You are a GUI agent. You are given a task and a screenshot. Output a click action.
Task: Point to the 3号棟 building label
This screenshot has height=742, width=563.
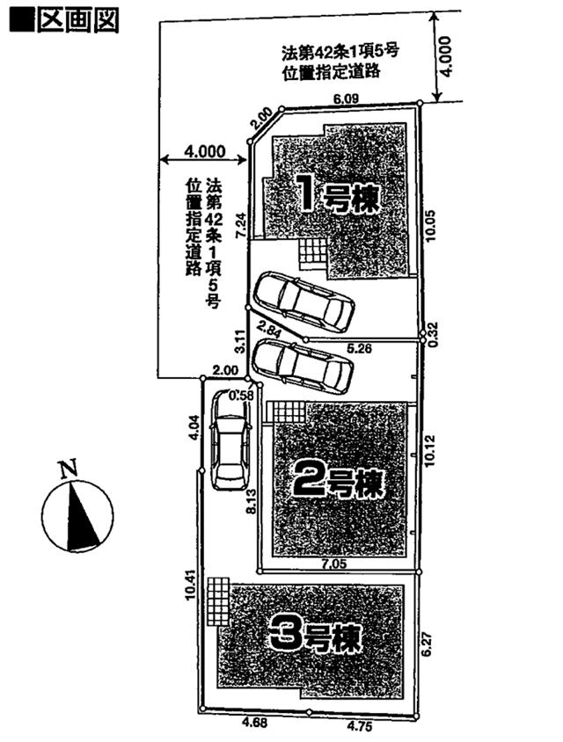pyautogui.click(x=316, y=635)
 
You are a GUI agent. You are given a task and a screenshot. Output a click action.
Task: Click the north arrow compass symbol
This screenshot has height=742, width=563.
pyautogui.click(x=77, y=518)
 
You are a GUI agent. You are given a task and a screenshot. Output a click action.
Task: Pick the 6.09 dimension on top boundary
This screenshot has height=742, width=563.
pyautogui.click(x=345, y=100)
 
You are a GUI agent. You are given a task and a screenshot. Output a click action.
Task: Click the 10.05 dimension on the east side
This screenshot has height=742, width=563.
pyautogui.click(x=430, y=212)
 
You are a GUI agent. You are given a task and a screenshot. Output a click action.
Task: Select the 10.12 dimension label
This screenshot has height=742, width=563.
pyautogui.click(x=430, y=449)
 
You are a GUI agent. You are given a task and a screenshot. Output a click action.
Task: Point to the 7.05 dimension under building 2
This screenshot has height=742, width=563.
pyautogui.click(x=334, y=562)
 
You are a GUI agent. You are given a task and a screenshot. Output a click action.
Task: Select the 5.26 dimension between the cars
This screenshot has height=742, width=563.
pyautogui.click(x=358, y=348)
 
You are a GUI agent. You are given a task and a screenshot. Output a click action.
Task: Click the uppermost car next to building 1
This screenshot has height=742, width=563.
pyautogui.click(x=303, y=301)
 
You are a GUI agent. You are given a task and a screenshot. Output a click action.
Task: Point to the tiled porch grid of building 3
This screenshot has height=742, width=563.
pyautogui.click(x=218, y=600)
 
